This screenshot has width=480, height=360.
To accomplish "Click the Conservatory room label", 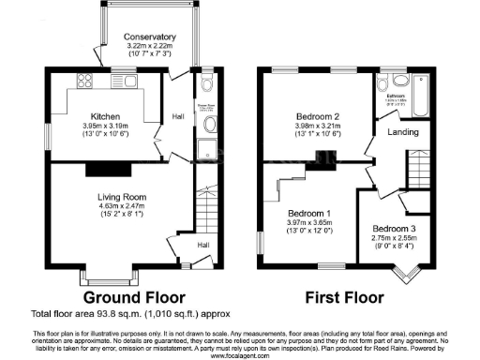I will tap(149, 38).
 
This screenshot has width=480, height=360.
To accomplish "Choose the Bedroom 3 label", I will tap(392, 229).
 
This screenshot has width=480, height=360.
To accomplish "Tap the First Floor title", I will tap(346, 299).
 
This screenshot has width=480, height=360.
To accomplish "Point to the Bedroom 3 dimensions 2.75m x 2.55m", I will tap(392, 238).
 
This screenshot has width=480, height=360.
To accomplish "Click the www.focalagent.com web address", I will tap(240, 357).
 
